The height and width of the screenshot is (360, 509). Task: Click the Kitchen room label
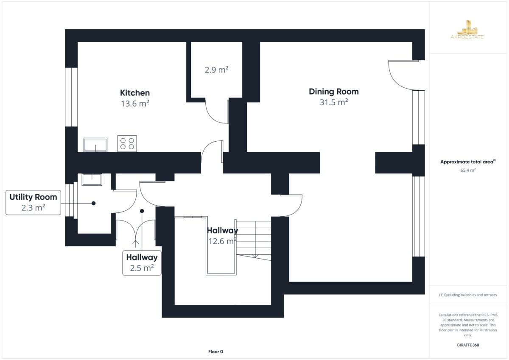(135, 93)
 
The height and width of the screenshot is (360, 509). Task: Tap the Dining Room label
(333, 92)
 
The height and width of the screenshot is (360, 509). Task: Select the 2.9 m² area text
(216, 70)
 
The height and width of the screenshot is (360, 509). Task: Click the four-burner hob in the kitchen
(127, 144)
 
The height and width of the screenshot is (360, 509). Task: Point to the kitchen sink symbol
(95, 145)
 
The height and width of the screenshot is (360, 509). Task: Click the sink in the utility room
(92, 180)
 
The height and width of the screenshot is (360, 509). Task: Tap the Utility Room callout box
(33, 202)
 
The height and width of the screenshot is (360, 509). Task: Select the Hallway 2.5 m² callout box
(142, 263)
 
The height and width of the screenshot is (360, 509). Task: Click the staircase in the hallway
(254, 240)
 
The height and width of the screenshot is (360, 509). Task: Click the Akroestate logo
(467, 30)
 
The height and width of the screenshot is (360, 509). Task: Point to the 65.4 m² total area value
(468, 170)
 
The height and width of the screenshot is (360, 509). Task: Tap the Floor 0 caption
(215, 352)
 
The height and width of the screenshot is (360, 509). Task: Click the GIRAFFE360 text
(468, 345)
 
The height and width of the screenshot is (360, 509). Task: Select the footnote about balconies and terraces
(468, 295)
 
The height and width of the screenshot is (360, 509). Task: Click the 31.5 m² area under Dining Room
(333, 102)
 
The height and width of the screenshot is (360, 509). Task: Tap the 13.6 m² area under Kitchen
(135, 103)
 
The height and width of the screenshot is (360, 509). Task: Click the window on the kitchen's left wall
(71, 97)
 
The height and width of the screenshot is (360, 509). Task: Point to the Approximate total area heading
(468, 162)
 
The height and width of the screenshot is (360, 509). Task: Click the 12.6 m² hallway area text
(222, 241)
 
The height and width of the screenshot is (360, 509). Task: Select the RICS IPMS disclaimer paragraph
(468, 325)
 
